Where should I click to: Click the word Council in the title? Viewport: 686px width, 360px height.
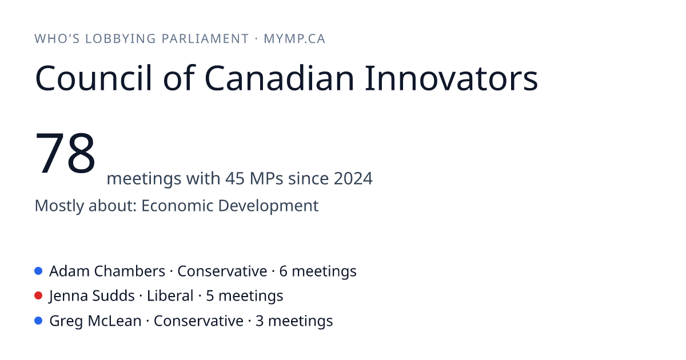[x=94, y=78]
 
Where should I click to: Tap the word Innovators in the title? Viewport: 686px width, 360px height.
[x=451, y=78]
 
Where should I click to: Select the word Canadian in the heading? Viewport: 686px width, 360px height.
[x=279, y=78]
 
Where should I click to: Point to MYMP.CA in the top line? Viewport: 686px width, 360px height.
[x=294, y=39]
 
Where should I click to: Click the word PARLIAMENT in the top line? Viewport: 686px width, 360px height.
[x=205, y=39]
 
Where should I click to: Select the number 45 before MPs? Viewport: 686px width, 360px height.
[x=234, y=178]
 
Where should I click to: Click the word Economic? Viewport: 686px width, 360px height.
[x=177, y=205]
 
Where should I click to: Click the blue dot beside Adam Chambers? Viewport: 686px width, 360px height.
[x=38, y=271]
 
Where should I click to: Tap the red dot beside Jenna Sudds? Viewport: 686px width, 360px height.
[x=38, y=296]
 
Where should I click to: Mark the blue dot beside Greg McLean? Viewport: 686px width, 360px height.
[x=38, y=321]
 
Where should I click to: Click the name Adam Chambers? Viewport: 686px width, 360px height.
[x=107, y=271]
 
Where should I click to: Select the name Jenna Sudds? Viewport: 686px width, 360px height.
[x=92, y=296]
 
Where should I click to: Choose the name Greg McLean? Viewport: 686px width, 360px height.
[x=95, y=321]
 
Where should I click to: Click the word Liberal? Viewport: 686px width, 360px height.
[x=170, y=296]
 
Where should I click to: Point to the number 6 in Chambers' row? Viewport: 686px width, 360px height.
[x=284, y=271]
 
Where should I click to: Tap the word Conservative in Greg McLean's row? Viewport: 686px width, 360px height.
[x=198, y=321]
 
